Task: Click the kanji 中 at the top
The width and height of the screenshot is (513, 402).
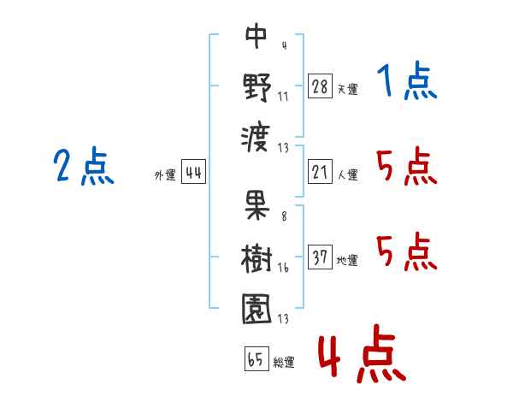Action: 256,36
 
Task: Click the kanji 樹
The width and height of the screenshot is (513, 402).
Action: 256,256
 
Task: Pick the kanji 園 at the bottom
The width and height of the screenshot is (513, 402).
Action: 256,307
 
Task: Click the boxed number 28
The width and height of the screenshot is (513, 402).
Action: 320,86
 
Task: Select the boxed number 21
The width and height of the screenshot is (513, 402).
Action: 320,172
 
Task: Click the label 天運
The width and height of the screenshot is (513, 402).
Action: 347,89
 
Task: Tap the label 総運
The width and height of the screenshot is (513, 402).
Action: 283,363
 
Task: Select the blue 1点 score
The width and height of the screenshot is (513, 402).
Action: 407,82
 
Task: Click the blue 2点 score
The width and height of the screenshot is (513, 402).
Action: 85,166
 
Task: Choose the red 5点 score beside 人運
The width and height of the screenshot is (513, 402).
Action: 407,166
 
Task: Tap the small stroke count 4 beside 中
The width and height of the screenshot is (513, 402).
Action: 283,45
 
